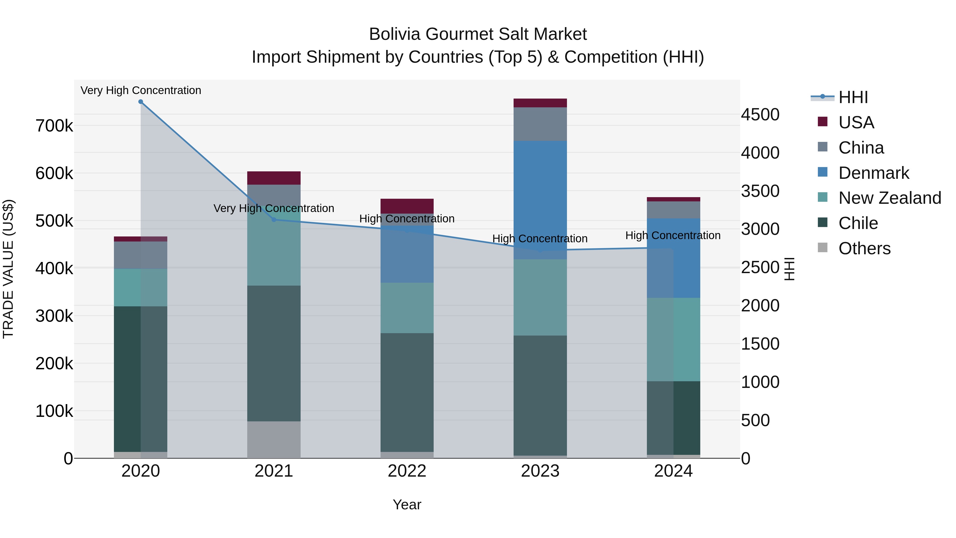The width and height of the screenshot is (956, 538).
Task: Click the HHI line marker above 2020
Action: (141, 102)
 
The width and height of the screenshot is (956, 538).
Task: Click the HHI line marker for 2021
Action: (274, 220)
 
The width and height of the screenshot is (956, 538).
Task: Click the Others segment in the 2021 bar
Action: (274, 440)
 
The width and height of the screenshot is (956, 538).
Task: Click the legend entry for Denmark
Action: (874, 173)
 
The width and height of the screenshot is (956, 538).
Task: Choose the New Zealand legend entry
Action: (890, 198)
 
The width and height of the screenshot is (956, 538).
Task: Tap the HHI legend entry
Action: (853, 97)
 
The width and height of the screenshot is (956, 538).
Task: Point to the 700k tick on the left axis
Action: (54, 126)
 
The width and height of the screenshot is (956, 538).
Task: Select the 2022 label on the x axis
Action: (407, 471)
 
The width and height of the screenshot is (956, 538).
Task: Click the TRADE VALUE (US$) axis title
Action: (8, 269)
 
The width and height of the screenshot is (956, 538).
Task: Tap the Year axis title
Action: (407, 505)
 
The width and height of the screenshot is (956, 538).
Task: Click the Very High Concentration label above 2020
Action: (141, 90)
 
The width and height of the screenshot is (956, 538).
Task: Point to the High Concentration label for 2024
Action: (673, 235)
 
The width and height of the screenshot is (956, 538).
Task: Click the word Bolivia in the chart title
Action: (395, 34)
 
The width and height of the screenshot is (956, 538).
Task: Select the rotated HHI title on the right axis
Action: (790, 269)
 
